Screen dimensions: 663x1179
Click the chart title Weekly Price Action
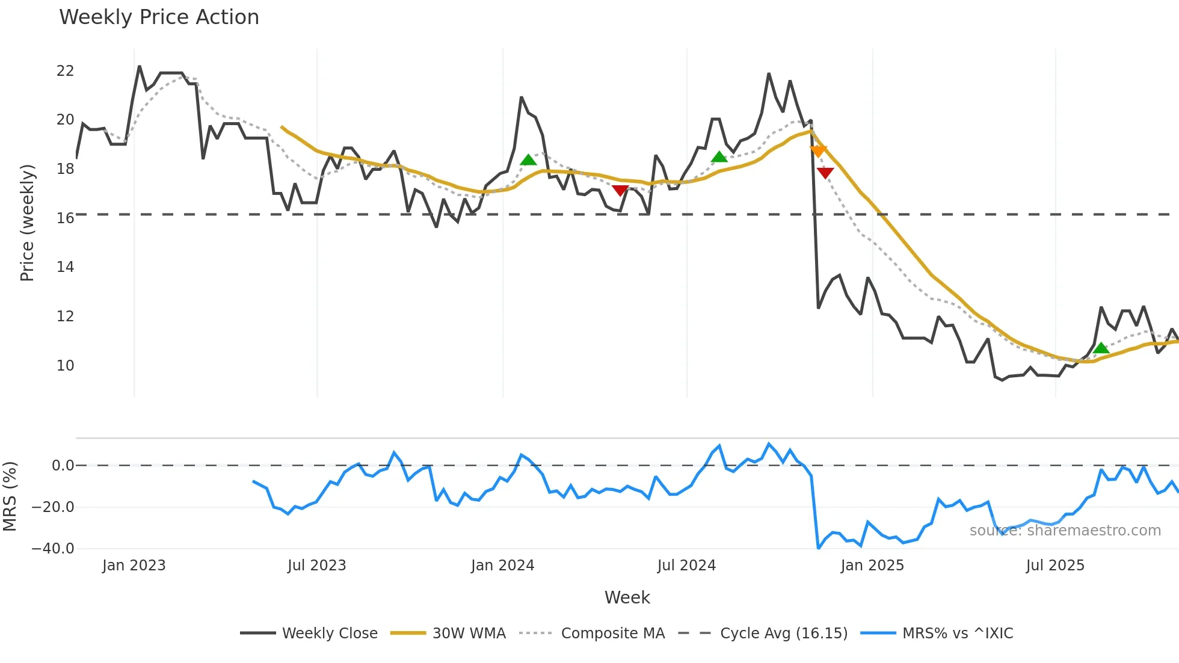[x=159, y=17]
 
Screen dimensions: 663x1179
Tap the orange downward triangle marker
[x=818, y=151]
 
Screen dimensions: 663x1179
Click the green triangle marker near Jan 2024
[x=528, y=160]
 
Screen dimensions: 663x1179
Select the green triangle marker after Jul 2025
[x=1101, y=348]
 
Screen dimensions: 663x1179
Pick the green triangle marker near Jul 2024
[x=719, y=157]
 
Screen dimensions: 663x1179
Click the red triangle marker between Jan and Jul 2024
[x=620, y=190]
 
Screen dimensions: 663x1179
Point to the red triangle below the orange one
[x=825, y=173]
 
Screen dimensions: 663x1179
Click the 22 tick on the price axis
[x=65, y=71]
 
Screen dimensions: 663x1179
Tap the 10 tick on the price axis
[x=65, y=365]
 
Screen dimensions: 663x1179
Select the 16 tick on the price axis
[x=65, y=218]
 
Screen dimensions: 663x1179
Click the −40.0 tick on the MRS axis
[x=53, y=549]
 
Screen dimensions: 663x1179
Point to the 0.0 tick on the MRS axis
[x=63, y=466]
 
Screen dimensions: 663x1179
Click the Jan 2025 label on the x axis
[x=872, y=566]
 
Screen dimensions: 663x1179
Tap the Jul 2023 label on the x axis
[x=316, y=566]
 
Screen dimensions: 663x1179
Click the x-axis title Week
[x=627, y=597]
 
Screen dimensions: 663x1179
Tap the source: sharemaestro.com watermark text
[x=1065, y=531]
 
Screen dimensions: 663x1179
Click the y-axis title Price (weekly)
[x=27, y=223]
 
